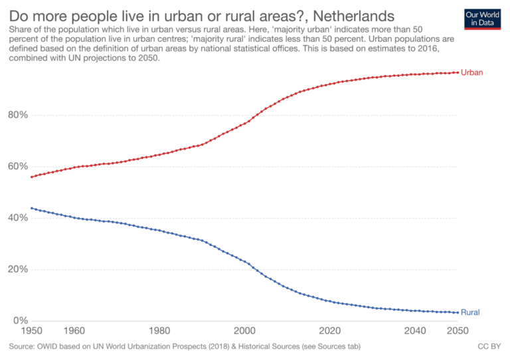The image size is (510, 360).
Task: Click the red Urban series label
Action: click(x=471, y=72)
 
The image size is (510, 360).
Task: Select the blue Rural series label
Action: click(x=470, y=312)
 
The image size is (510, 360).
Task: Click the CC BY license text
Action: click(x=488, y=347)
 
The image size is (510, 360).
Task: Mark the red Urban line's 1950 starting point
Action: click(x=31, y=177)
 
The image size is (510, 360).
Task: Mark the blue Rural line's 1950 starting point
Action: click(x=31, y=208)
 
